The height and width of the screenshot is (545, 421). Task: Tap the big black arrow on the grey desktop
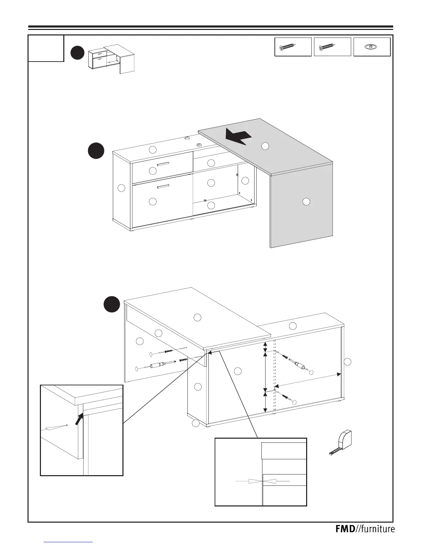click(x=239, y=137)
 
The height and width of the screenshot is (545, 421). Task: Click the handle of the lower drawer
click(x=163, y=186)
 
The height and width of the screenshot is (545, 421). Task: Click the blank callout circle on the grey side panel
click(x=306, y=202)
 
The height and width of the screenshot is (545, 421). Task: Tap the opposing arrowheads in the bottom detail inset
click(x=263, y=481)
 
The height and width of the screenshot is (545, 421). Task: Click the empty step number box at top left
click(x=46, y=49)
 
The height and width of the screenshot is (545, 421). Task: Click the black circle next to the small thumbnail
click(x=77, y=53)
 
